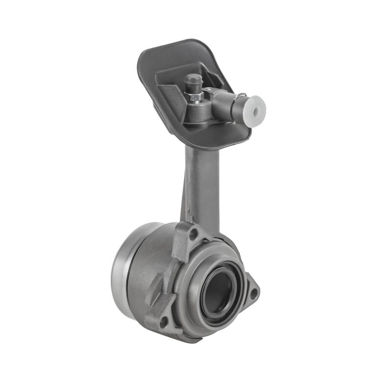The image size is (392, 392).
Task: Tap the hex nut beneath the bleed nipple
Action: click(196, 97)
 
